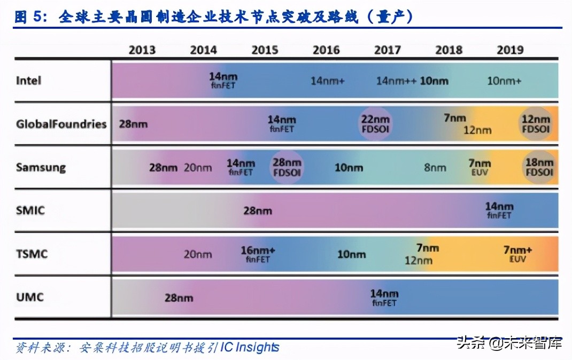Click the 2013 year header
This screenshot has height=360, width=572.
[x=142, y=50]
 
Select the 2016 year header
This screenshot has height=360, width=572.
[x=326, y=50]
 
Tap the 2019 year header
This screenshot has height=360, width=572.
[x=510, y=50]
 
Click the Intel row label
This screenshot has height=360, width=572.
[x=28, y=81]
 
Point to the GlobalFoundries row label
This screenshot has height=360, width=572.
[x=61, y=124]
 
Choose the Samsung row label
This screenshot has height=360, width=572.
[x=41, y=167]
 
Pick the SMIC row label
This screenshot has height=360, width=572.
[x=30, y=210]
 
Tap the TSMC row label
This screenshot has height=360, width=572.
[x=32, y=254]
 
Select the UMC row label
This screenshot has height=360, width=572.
[x=29, y=296]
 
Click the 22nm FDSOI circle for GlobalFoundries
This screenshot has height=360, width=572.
[x=375, y=124]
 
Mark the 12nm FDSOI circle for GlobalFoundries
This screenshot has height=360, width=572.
[x=536, y=124]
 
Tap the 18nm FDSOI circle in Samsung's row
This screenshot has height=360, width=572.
[x=539, y=167]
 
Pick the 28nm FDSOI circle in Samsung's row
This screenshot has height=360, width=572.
[x=287, y=167]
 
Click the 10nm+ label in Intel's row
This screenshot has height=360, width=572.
[x=504, y=81]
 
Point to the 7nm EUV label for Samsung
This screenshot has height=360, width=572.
[x=480, y=167]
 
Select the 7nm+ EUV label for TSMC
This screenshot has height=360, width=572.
[x=517, y=254]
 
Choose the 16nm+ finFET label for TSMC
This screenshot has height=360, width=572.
[x=258, y=254]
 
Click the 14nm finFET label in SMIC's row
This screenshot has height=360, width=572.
[x=499, y=210]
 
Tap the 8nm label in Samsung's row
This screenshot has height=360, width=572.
[x=435, y=168]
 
